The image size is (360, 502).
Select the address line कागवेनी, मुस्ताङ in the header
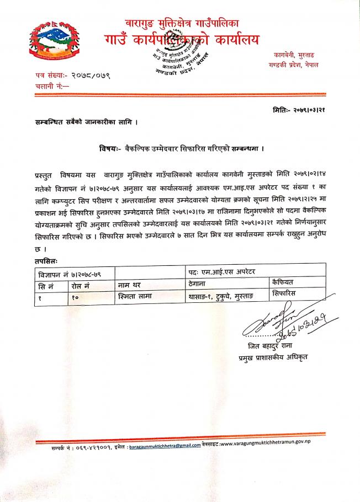[x=297, y=55]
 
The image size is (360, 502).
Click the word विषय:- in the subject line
[x=112, y=148]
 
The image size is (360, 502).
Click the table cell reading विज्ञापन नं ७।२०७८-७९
[x=70, y=273]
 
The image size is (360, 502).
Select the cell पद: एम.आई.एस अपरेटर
[x=226, y=272]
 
